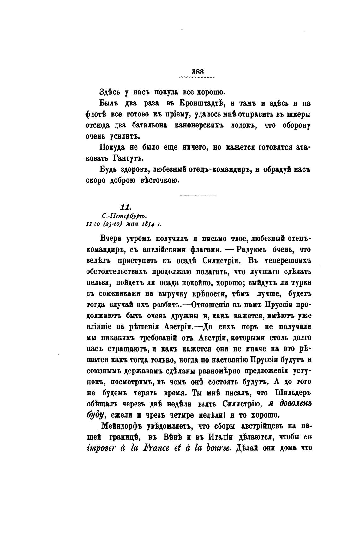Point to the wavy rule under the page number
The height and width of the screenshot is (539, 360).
[197, 77]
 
